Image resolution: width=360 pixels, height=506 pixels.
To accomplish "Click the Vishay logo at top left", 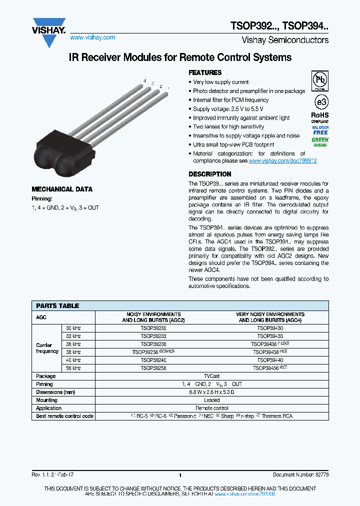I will click(x=49, y=31).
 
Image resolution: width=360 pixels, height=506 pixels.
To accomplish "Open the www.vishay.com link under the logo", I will click(x=92, y=37).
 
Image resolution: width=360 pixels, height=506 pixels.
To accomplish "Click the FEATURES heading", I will click(x=204, y=72).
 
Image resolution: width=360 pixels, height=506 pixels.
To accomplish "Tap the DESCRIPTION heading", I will click(x=209, y=174).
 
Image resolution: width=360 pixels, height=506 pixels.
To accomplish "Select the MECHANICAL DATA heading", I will click(x=62, y=189).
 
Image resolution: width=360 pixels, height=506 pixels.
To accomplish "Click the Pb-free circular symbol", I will click(x=320, y=79).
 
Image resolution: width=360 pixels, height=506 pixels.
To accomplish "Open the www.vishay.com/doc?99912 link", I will click(x=282, y=161).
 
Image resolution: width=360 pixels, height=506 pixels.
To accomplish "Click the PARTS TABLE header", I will click(x=57, y=305).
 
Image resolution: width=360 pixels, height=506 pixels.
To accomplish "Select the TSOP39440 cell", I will click(x=270, y=360).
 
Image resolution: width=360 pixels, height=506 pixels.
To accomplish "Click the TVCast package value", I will click(x=211, y=376).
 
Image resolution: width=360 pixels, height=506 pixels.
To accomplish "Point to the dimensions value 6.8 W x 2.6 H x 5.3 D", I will click(x=211, y=392).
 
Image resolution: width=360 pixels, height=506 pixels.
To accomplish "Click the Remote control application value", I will click(x=211, y=408).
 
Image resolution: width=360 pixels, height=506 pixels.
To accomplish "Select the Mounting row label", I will click(x=46, y=400).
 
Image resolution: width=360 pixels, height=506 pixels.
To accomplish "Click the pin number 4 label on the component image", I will click(x=144, y=81).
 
